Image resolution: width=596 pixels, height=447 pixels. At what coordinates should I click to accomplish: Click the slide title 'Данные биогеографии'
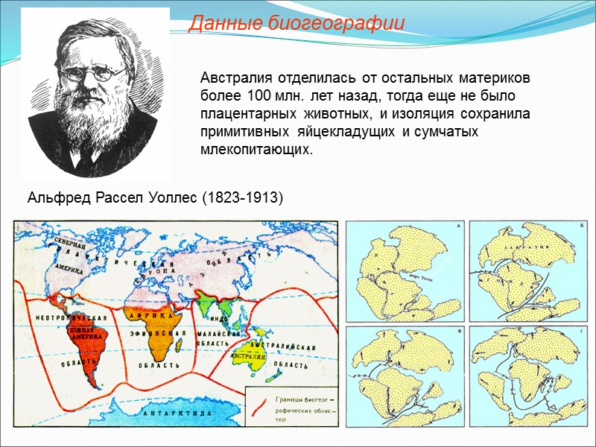tap(297, 24)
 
